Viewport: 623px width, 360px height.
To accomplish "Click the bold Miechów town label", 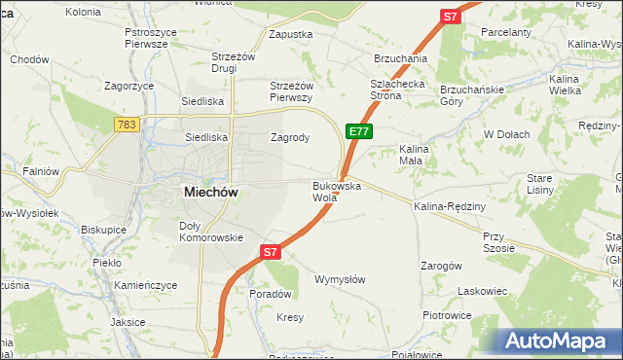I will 211,193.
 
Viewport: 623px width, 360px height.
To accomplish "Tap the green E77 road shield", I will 357,131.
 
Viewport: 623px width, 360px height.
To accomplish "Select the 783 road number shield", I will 126,125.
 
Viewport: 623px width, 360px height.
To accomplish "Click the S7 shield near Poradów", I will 272,252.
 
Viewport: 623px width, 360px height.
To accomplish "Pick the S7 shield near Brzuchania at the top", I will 450,17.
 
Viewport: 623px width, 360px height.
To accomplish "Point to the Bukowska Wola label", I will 337,191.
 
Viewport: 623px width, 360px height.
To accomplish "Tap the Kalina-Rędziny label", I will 449,207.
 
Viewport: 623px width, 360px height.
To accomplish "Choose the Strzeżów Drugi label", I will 233,62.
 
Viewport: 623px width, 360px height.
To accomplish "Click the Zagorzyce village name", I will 130,86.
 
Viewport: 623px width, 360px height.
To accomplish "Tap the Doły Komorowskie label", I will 210,231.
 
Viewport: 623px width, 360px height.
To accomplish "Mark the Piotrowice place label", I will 447,315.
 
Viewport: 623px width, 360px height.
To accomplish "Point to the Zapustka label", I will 290,34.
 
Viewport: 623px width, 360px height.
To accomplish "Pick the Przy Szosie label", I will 497,241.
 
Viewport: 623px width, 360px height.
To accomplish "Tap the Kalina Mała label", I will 414,154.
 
